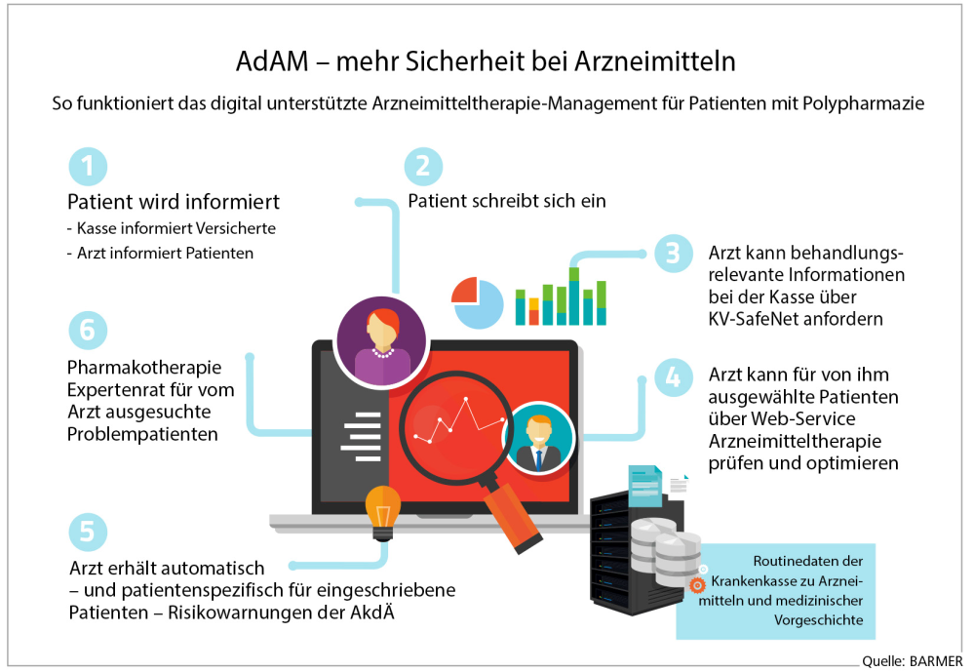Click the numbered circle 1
[x=88, y=167]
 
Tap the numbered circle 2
[x=423, y=167]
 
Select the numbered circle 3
[x=674, y=254]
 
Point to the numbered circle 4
[x=674, y=377]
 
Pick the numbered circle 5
[x=88, y=533]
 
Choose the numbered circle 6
[x=88, y=330]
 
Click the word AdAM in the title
[x=272, y=61]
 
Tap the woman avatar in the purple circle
[x=382, y=342]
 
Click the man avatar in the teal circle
[x=538, y=439]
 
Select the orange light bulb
[x=382, y=513]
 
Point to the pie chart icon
[x=477, y=302]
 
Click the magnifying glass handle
[x=512, y=518]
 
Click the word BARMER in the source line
[x=936, y=661]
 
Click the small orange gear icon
[x=697, y=585]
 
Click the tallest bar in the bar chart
[x=574, y=296]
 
